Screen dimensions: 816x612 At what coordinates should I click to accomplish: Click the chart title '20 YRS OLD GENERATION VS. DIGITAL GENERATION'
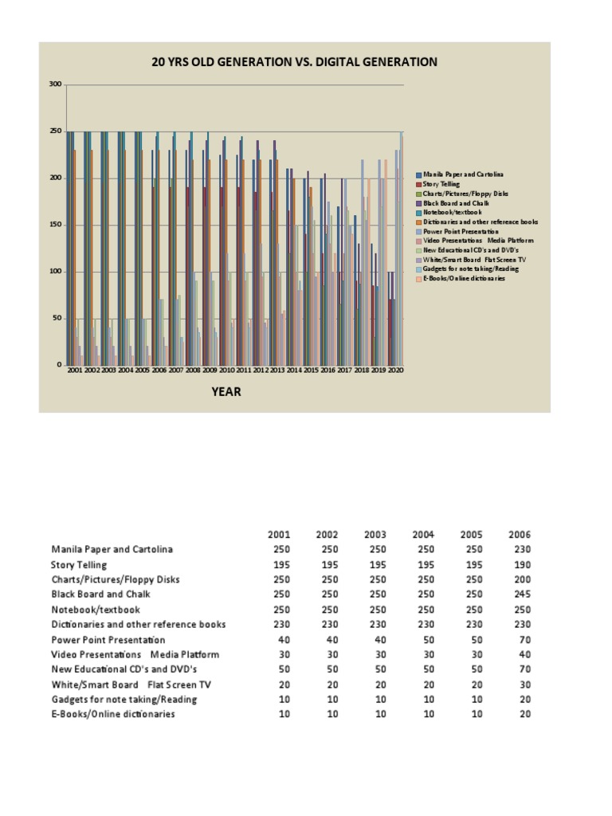click(295, 62)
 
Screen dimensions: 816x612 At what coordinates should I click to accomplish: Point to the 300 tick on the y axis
click(55, 84)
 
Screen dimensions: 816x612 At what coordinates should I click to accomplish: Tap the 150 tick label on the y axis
click(55, 226)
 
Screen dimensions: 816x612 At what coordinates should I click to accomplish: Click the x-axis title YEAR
click(226, 392)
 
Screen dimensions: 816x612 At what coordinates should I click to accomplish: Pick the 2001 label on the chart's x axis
click(74, 371)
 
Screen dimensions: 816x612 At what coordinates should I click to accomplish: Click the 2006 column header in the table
click(519, 535)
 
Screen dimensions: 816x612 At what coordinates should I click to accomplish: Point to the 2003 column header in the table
click(375, 535)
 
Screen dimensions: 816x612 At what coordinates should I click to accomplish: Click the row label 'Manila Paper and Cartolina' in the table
click(112, 550)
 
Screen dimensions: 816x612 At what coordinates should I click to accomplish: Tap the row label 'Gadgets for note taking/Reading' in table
click(124, 700)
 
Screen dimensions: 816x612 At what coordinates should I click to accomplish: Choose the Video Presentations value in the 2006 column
click(521, 655)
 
